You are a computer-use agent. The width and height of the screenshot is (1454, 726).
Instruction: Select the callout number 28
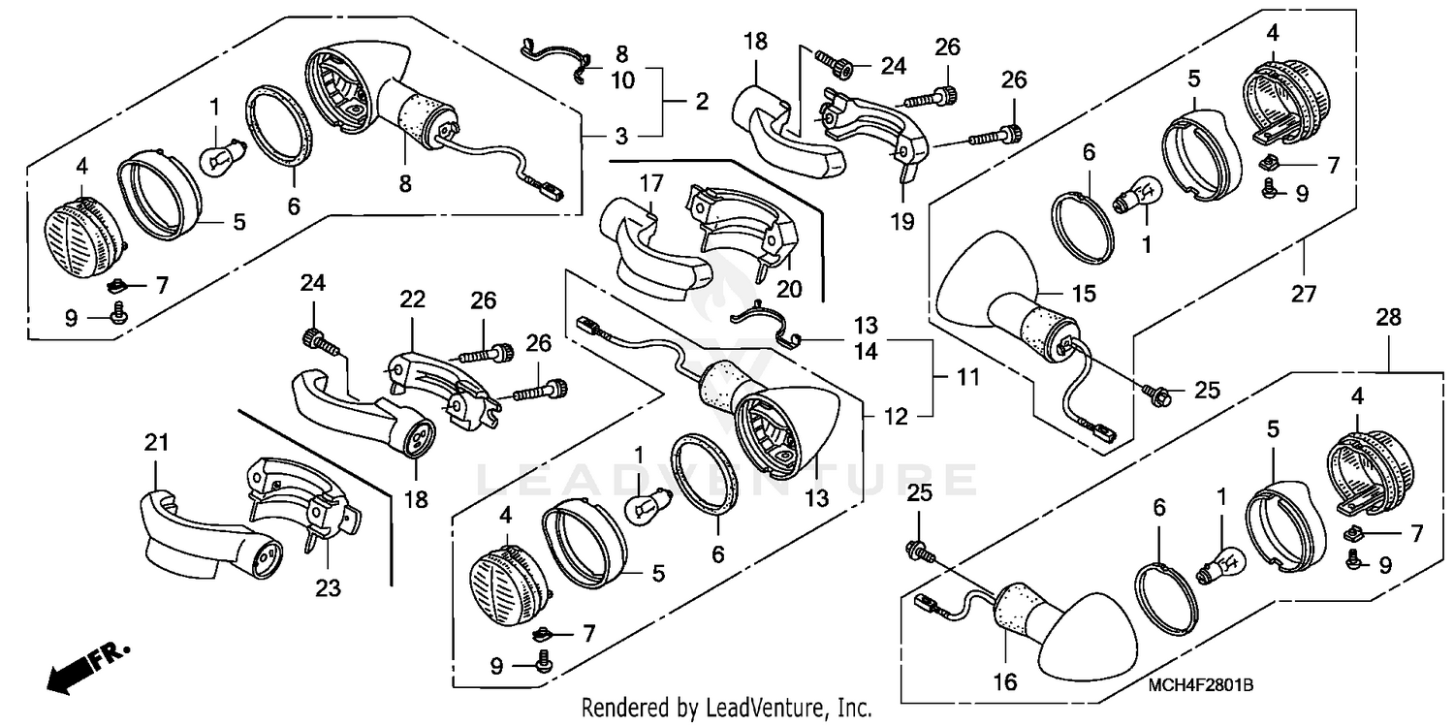point(1390,317)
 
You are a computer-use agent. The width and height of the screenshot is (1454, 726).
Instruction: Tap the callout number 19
point(901,221)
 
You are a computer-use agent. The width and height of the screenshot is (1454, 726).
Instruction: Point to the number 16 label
point(1005,681)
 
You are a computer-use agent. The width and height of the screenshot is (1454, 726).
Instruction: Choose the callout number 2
point(701,101)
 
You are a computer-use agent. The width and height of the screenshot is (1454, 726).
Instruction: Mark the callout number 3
point(620,134)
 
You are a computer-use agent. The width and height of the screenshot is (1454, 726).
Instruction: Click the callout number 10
point(622,80)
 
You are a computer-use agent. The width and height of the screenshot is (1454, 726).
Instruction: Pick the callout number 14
point(866,352)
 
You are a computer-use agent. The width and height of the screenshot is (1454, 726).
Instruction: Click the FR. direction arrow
point(82,668)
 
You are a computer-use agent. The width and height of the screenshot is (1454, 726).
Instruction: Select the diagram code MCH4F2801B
point(1201,685)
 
